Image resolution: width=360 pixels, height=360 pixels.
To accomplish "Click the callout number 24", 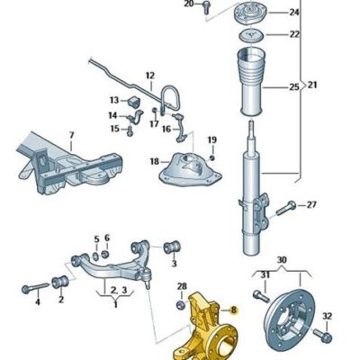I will click(293, 13).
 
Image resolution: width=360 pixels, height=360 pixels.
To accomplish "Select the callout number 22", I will click(293, 34).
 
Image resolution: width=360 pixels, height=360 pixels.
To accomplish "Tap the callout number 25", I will click(293, 87).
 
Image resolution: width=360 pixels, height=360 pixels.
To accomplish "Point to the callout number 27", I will click(311, 205).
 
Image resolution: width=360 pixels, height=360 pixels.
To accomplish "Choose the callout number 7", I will click(71, 136).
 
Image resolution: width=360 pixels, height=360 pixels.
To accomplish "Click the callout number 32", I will click(328, 314).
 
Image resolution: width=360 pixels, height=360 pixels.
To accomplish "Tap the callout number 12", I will click(149, 75).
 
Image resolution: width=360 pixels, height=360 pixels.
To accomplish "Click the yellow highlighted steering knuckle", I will click(212, 328).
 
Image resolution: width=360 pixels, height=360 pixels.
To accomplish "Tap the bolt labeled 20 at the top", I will click(205, 6).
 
